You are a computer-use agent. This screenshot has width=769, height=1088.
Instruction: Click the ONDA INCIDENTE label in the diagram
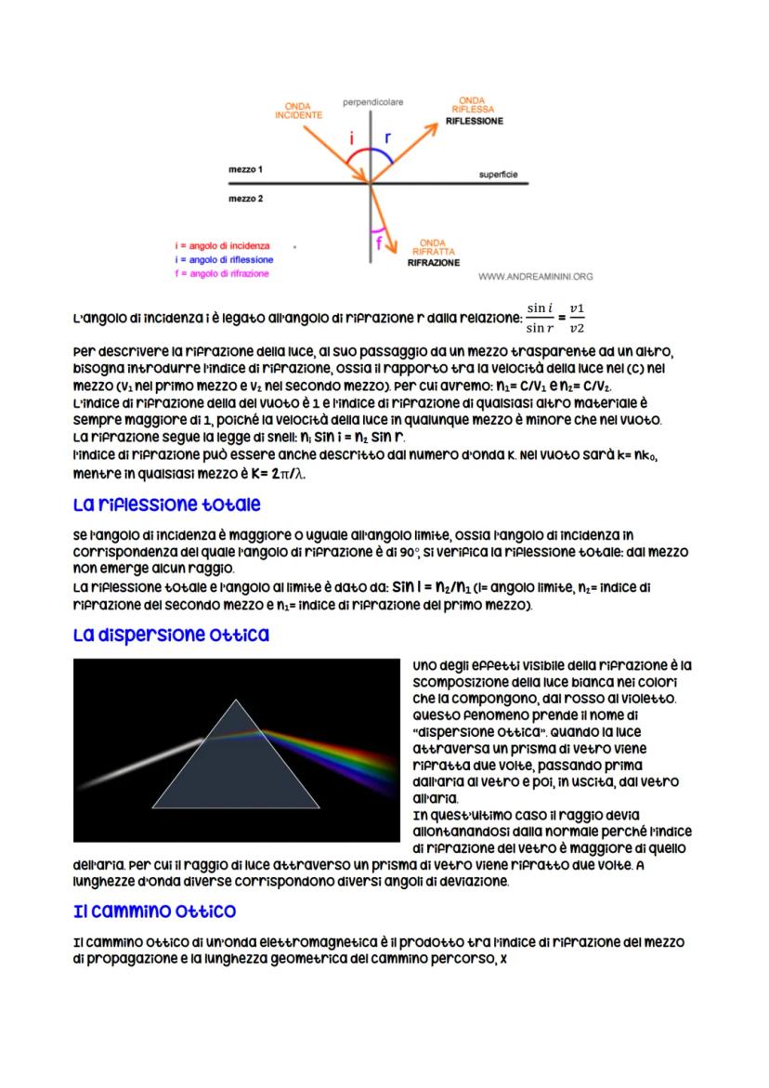(298, 110)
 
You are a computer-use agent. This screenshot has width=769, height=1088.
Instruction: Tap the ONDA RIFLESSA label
(472, 104)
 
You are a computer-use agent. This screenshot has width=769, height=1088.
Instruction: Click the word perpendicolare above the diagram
(372, 99)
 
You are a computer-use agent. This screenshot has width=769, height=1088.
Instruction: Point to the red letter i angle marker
(352, 138)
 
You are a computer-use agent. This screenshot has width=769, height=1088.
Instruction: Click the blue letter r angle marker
(387, 137)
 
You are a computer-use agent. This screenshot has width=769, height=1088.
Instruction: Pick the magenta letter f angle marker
(379, 243)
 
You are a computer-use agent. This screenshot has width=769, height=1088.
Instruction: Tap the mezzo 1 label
(246, 170)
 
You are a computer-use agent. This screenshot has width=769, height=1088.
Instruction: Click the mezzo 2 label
(246, 198)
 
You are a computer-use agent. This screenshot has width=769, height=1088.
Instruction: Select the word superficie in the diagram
(499, 174)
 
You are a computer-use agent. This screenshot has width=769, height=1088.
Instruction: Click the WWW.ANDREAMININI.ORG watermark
(536, 276)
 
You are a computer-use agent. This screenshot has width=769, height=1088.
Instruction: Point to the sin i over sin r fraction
(540, 317)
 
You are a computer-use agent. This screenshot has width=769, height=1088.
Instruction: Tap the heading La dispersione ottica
(171, 636)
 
